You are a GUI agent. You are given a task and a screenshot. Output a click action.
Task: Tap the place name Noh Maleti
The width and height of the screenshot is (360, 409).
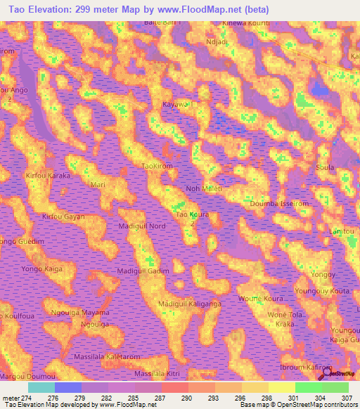pos(204,189)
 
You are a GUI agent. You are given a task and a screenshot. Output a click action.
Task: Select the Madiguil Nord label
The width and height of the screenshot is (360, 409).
pos(142,226)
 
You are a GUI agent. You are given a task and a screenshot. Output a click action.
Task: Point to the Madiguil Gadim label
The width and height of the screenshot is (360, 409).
pos(143,271)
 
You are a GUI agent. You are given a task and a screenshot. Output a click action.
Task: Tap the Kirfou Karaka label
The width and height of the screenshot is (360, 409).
pos(49,176)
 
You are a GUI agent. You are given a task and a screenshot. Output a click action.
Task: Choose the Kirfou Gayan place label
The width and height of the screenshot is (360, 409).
pos(64,217)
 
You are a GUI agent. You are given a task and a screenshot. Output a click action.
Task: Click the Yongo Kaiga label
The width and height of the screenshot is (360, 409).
pos(44,268)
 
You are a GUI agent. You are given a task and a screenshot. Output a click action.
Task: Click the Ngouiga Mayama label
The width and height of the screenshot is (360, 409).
pos(82,313)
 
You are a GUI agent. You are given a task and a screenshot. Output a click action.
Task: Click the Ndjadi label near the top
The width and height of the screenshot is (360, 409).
pos(217,41)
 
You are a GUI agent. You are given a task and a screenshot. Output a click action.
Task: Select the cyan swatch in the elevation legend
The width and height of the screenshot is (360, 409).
pos(41,387)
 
